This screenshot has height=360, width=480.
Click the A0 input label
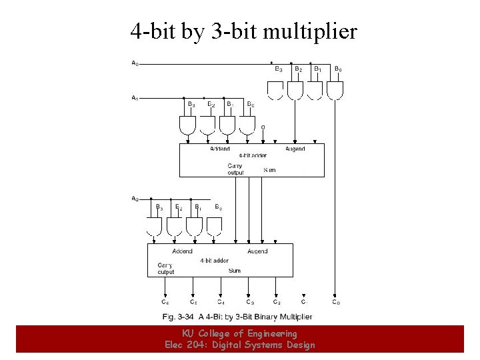click(135, 64)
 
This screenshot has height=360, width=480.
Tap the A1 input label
click(135, 98)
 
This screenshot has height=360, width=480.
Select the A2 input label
click(135, 198)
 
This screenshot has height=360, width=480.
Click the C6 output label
click(165, 302)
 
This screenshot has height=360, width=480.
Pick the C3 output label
click(249, 302)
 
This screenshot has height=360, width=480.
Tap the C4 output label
click(220, 302)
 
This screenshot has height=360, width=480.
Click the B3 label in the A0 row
click(279, 69)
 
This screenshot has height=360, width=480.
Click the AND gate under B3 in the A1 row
click(188, 125)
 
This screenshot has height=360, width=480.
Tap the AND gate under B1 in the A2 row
click(194, 227)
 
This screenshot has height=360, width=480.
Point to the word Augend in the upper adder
click(295, 149)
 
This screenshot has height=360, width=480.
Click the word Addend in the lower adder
click(182, 251)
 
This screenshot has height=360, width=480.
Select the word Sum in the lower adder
click(235, 271)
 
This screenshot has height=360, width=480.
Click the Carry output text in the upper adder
click(235, 169)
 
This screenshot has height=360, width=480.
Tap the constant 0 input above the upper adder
click(263, 127)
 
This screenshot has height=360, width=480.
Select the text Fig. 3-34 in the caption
click(178, 316)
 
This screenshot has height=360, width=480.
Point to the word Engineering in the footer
click(272, 333)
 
